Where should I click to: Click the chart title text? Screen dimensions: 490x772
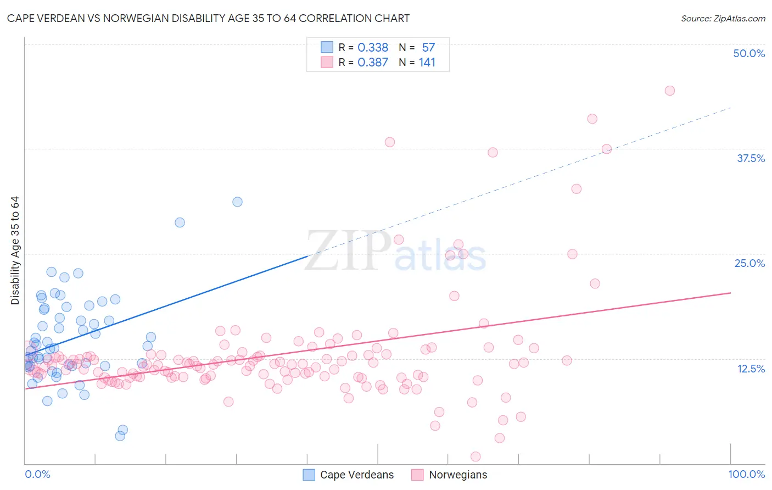(208, 18)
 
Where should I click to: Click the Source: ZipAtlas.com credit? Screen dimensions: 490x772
(723, 18)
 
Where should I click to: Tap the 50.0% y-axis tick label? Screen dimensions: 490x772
(748, 53)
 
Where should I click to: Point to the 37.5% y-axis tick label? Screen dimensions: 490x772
(750, 158)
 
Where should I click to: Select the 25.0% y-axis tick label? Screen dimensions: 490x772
(749, 263)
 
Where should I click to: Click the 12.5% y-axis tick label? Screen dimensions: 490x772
(750, 369)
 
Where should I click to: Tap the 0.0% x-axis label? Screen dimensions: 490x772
(37, 474)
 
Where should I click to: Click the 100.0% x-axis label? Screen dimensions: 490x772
(746, 474)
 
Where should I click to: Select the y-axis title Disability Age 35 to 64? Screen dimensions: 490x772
(15, 250)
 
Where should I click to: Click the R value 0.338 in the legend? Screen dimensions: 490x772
(373, 48)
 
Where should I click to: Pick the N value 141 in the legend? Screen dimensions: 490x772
(427, 63)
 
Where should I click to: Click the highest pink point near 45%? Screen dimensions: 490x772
(669, 91)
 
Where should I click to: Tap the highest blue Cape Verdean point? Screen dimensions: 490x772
(237, 202)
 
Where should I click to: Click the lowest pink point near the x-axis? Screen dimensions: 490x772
(475, 456)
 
